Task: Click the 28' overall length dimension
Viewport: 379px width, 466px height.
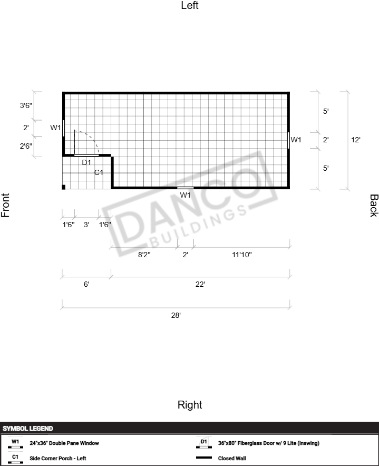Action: coord(176,315)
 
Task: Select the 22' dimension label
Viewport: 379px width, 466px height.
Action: coord(200,285)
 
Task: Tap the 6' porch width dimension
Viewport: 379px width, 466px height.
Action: coord(86,285)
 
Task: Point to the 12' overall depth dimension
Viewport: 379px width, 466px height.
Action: coord(356,140)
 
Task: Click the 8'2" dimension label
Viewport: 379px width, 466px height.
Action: coord(144,255)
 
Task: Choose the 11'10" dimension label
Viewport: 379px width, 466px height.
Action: coord(241,255)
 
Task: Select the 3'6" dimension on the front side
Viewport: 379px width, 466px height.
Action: coord(26,105)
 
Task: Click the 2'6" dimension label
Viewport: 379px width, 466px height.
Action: coord(26,146)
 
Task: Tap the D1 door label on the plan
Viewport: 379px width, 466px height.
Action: coord(86,162)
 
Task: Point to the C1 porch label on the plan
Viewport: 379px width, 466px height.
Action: coord(99,172)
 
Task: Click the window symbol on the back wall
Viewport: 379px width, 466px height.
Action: coord(288,140)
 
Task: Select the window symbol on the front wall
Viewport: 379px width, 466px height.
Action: coord(63,129)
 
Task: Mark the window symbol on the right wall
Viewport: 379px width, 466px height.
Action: coord(186,188)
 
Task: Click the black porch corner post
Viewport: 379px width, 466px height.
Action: coord(64,187)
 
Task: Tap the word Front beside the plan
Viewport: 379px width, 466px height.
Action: coord(5,206)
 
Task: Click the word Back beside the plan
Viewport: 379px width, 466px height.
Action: coord(374,206)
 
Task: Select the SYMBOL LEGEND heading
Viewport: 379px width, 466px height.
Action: coord(28,429)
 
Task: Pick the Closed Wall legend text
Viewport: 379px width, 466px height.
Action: coord(232,458)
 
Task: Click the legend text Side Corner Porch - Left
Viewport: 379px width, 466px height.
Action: coord(58,458)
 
